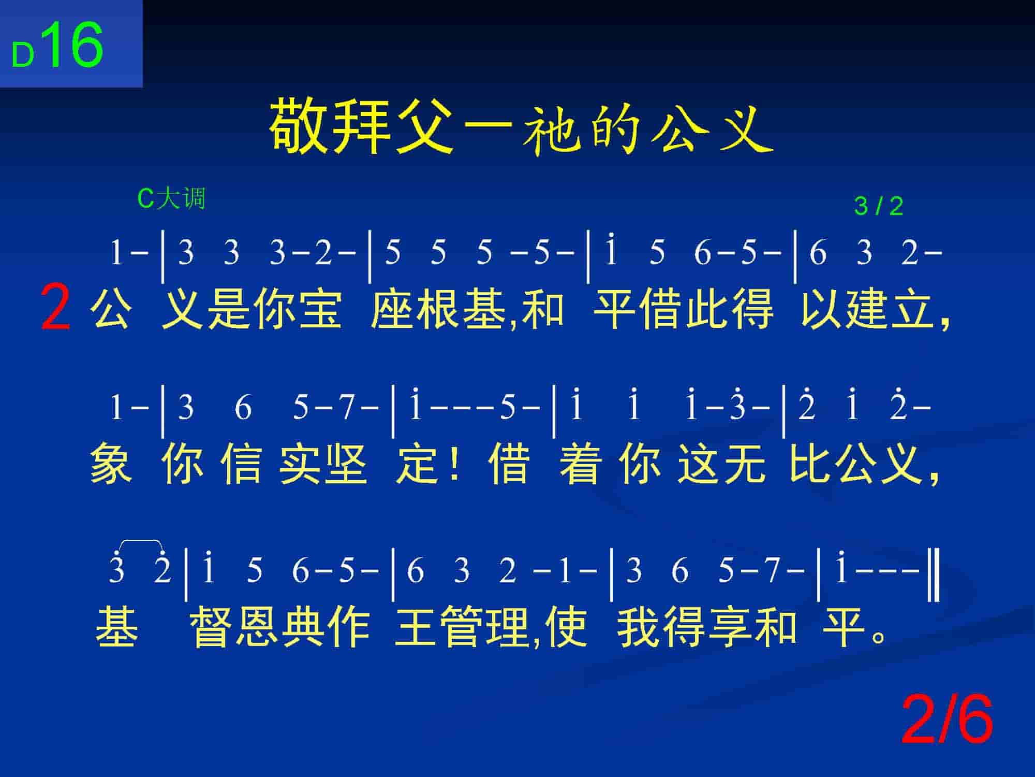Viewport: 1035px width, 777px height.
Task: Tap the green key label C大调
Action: click(x=171, y=198)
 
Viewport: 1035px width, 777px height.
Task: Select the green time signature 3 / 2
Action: click(x=878, y=206)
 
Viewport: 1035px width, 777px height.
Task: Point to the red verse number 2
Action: click(x=55, y=308)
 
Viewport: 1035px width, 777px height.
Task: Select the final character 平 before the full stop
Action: click(x=844, y=627)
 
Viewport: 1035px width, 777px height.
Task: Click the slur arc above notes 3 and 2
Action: click(x=141, y=541)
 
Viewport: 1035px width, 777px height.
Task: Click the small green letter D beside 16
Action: click(x=23, y=56)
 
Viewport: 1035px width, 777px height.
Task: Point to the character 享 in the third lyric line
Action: click(x=729, y=627)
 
